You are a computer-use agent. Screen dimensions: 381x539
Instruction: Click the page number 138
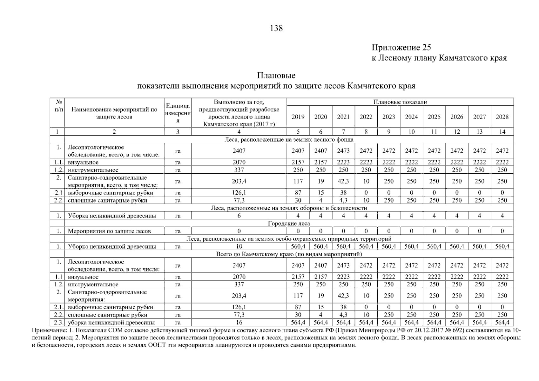(x=276, y=28)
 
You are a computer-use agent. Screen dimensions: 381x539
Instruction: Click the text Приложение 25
(x=401, y=48)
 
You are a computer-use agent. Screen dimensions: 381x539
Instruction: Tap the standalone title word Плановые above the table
(x=276, y=76)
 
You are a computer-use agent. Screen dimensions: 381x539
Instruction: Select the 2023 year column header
(x=388, y=117)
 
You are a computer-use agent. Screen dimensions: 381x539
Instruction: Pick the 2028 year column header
(x=502, y=117)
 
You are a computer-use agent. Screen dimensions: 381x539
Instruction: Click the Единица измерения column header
(x=178, y=113)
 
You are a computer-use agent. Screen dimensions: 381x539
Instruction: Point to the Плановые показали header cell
(x=400, y=102)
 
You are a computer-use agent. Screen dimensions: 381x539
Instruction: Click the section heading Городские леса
(x=289, y=224)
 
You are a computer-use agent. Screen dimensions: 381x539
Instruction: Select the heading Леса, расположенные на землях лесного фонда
(x=289, y=140)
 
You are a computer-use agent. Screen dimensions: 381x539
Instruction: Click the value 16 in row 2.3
(x=239, y=323)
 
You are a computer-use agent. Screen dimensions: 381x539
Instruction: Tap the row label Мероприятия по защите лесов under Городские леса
(x=109, y=231)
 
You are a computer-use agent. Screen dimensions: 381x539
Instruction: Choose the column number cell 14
(x=502, y=132)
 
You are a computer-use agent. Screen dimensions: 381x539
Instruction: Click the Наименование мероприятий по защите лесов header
(x=114, y=113)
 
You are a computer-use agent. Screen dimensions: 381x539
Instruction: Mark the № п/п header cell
(x=58, y=106)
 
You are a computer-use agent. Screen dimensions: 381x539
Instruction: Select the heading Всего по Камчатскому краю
(x=289, y=254)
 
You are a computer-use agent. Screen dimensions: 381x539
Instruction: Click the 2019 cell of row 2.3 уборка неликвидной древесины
(x=298, y=323)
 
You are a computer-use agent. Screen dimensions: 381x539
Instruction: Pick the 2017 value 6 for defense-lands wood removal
(x=239, y=216)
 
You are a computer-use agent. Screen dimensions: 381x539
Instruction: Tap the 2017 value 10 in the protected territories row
(x=239, y=246)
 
